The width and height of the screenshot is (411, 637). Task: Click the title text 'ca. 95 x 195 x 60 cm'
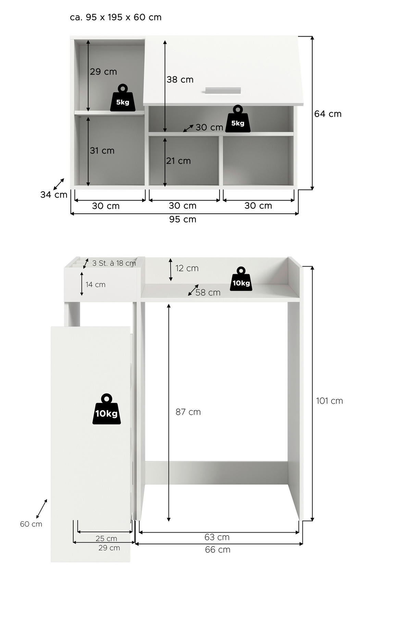pos(115,17)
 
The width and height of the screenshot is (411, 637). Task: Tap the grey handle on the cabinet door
pos(223,90)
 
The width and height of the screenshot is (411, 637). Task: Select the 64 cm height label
pos(328,114)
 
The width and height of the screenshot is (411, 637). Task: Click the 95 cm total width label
pos(183,219)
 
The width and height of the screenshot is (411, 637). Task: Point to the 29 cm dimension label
pos(103,72)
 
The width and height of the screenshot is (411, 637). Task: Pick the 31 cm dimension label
pos(102,151)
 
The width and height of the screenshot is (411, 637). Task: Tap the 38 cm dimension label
pos(180,80)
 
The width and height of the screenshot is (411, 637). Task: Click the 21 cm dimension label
pos(178,161)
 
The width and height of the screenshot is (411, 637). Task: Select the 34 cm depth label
pos(54,195)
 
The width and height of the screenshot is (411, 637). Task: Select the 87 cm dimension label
pos(188,412)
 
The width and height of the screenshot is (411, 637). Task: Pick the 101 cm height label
pos(329,401)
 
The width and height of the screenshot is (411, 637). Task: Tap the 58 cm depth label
pos(208,293)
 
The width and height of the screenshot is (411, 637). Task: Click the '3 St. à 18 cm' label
pos(114,263)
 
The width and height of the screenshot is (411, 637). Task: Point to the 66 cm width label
pos(217,550)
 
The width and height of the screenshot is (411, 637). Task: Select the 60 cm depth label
pos(31,524)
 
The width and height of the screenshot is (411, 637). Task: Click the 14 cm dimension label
pos(95,285)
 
